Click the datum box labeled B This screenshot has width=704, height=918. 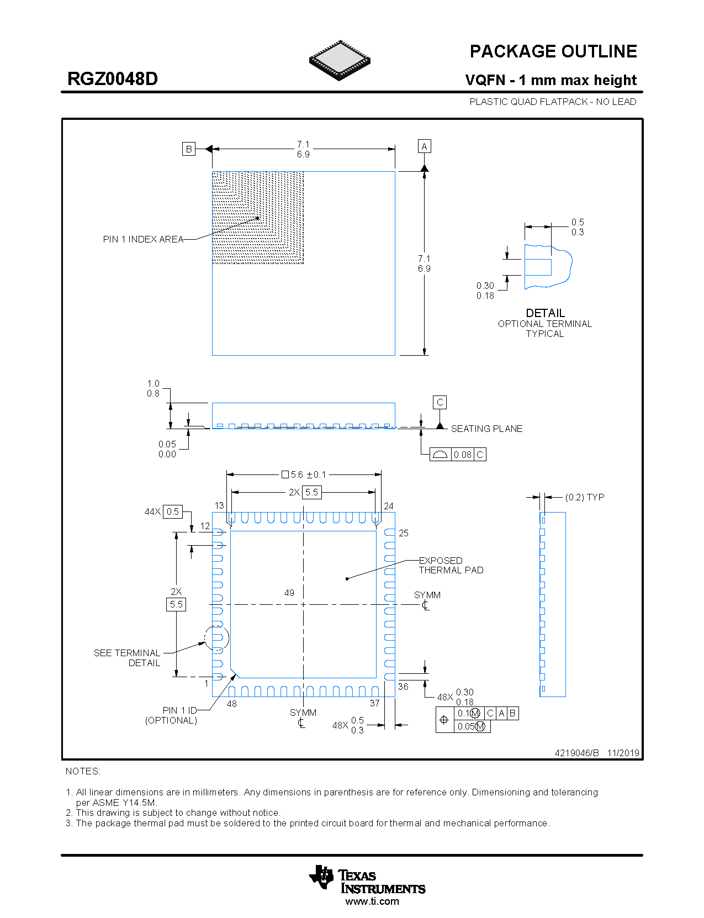(189, 149)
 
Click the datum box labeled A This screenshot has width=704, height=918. (424, 146)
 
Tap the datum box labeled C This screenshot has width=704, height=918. (440, 402)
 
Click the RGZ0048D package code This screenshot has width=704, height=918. (113, 78)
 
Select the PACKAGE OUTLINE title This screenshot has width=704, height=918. (553, 51)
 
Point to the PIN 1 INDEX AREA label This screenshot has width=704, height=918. (143, 239)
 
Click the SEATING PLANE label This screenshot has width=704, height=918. (486, 429)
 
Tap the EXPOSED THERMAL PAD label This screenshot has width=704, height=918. (450, 565)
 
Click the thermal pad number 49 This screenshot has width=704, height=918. (289, 593)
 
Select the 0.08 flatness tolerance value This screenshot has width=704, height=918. (463, 455)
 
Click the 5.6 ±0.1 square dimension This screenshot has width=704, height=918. (304, 474)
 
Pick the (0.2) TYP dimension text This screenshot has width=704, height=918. (584, 497)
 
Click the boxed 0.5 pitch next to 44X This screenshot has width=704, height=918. (173, 511)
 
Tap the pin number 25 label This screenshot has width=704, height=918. (404, 533)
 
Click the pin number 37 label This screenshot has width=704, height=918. (374, 703)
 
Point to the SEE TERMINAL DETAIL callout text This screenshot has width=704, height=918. (128, 658)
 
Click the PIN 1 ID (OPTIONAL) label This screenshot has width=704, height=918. (172, 715)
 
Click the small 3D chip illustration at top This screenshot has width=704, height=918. (340, 60)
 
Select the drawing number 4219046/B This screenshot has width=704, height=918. (576, 753)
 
